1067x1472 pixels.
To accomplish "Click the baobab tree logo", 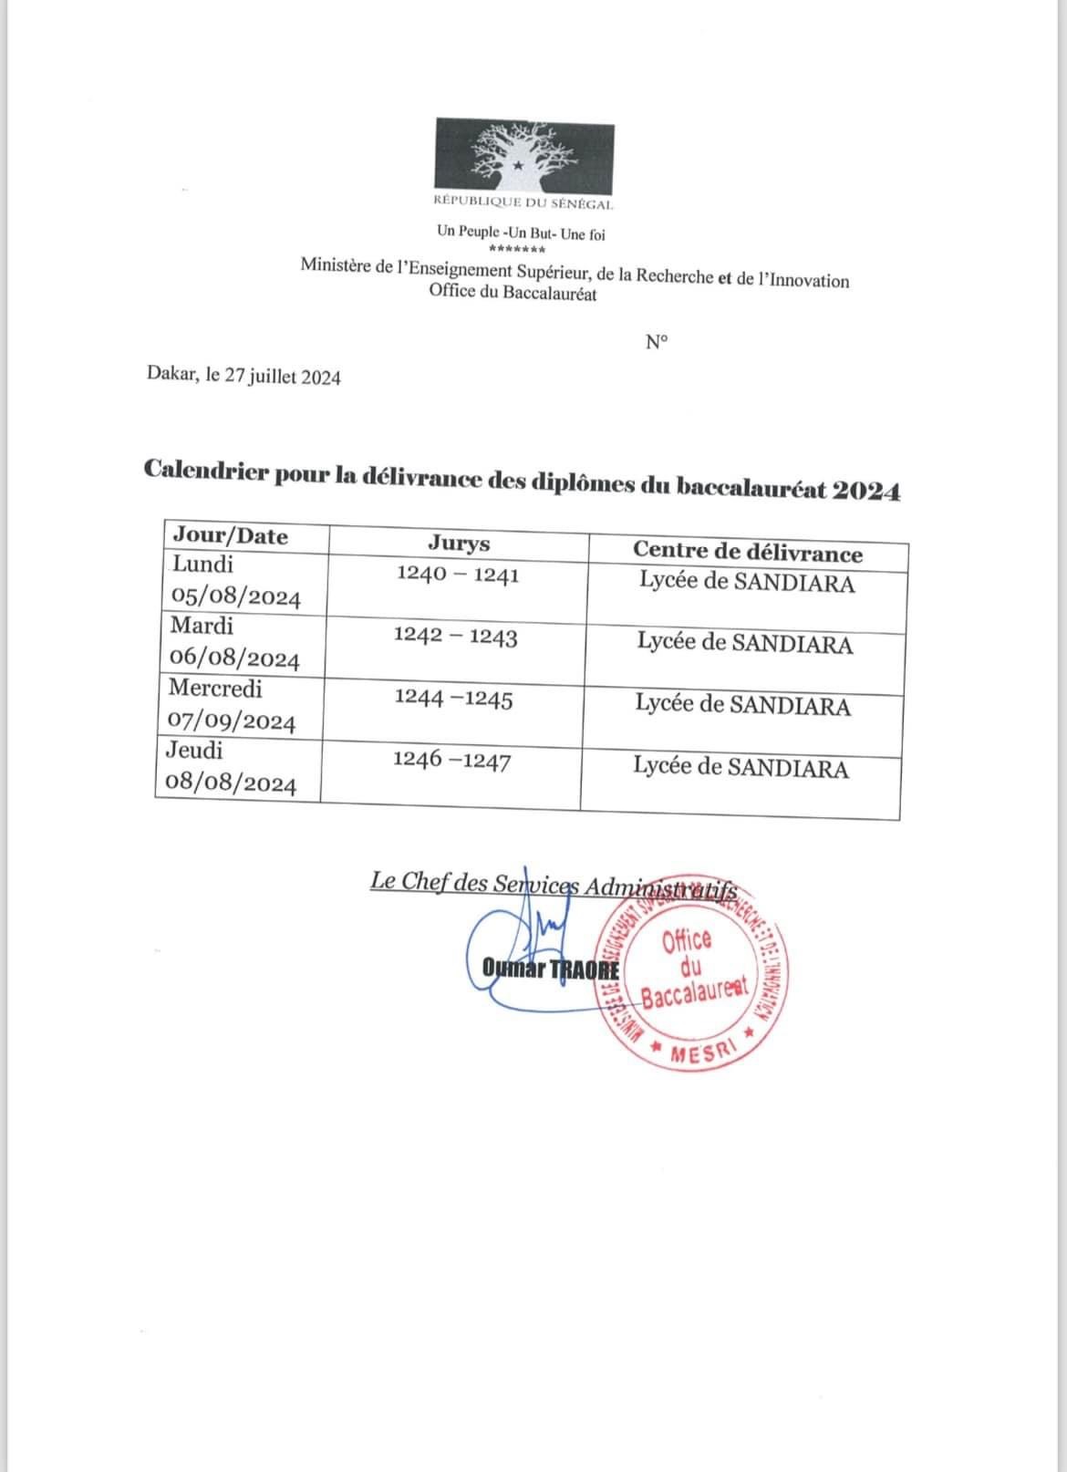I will click(x=523, y=154).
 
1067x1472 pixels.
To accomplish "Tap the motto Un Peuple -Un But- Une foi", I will click(x=521, y=233).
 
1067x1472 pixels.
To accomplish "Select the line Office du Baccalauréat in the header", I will click(x=513, y=294).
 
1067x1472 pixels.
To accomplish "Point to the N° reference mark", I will click(x=656, y=343).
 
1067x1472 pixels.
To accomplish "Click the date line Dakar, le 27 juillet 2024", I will click(x=243, y=377).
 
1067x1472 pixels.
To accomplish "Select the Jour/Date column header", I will click(x=230, y=536).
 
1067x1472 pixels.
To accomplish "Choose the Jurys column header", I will click(x=459, y=544).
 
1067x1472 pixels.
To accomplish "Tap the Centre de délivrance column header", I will click(x=747, y=553).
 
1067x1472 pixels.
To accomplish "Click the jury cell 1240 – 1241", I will click(x=458, y=575).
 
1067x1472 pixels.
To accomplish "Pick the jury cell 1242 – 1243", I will click(x=455, y=637).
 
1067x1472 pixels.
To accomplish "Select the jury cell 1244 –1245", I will click(x=453, y=700).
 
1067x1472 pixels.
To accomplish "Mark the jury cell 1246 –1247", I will click(x=451, y=761).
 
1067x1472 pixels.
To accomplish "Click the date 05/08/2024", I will click(x=236, y=598).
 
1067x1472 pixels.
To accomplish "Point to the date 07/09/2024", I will click(x=232, y=722).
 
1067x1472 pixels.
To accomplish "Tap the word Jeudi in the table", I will click(x=194, y=751).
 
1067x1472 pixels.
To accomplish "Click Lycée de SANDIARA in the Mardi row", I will click(x=745, y=644).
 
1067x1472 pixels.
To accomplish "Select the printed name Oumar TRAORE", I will click(x=551, y=968).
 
